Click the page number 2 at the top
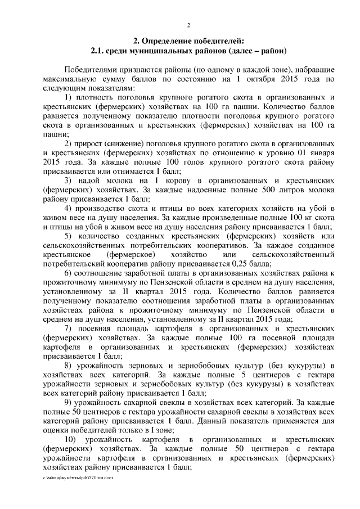(188, 25)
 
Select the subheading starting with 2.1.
(188, 51)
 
